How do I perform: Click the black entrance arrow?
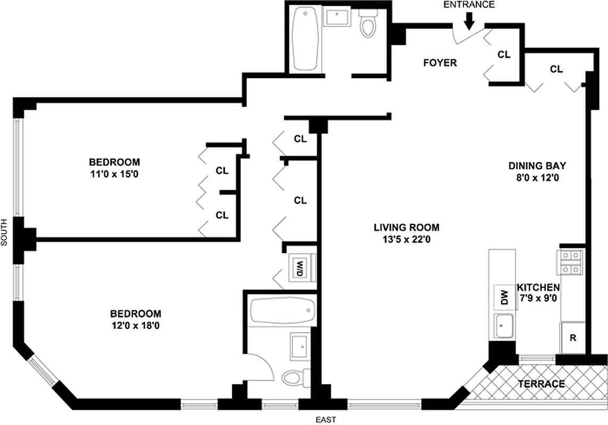469,21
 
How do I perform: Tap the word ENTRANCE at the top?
469,5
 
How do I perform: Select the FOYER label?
439,63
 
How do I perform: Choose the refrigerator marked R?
573,338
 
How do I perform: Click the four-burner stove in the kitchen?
572,262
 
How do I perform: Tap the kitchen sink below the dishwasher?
503,326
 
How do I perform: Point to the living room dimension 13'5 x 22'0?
406,239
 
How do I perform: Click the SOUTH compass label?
4,233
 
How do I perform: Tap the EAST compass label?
325,420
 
